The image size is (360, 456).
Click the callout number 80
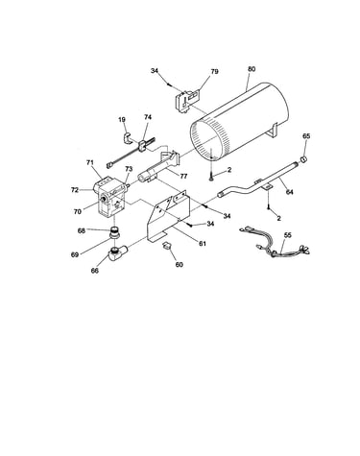252,69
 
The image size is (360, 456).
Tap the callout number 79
214,71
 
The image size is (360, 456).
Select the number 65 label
306,136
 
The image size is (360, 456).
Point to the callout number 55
288,235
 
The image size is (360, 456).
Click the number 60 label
180,265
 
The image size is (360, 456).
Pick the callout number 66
95,271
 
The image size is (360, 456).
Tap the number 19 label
122,120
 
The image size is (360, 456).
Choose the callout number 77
183,176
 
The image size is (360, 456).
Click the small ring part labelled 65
303,158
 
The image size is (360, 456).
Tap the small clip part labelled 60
167,245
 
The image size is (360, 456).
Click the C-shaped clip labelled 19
127,138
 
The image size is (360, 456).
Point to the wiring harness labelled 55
275,244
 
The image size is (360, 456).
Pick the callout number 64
289,192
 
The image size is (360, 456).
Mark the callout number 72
75,190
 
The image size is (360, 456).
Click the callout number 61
202,244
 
